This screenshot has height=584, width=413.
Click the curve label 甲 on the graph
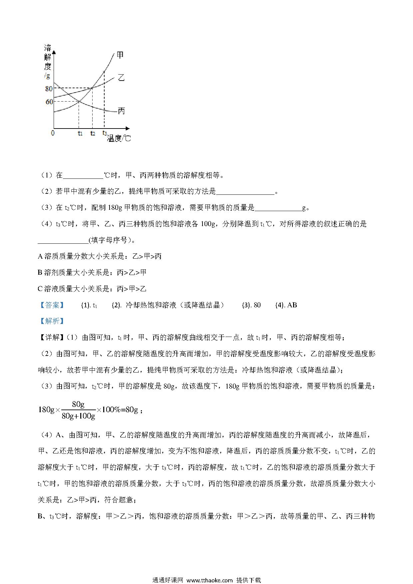point(120,55)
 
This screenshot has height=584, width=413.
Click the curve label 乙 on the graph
point(121,78)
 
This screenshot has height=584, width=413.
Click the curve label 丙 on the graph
point(121,111)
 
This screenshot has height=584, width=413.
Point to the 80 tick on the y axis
point(49,89)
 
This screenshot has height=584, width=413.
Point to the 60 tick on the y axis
point(49,102)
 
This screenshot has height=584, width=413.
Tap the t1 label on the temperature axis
point(80,133)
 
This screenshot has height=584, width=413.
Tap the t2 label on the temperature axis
point(93,133)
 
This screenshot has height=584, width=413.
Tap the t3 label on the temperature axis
point(105,133)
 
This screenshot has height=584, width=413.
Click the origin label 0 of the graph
point(53,133)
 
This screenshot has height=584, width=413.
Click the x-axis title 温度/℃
point(119,138)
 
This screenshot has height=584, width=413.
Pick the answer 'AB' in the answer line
point(292,305)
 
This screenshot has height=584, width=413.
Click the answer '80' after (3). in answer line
point(257,305)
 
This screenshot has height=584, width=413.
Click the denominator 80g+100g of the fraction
point(79,416)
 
